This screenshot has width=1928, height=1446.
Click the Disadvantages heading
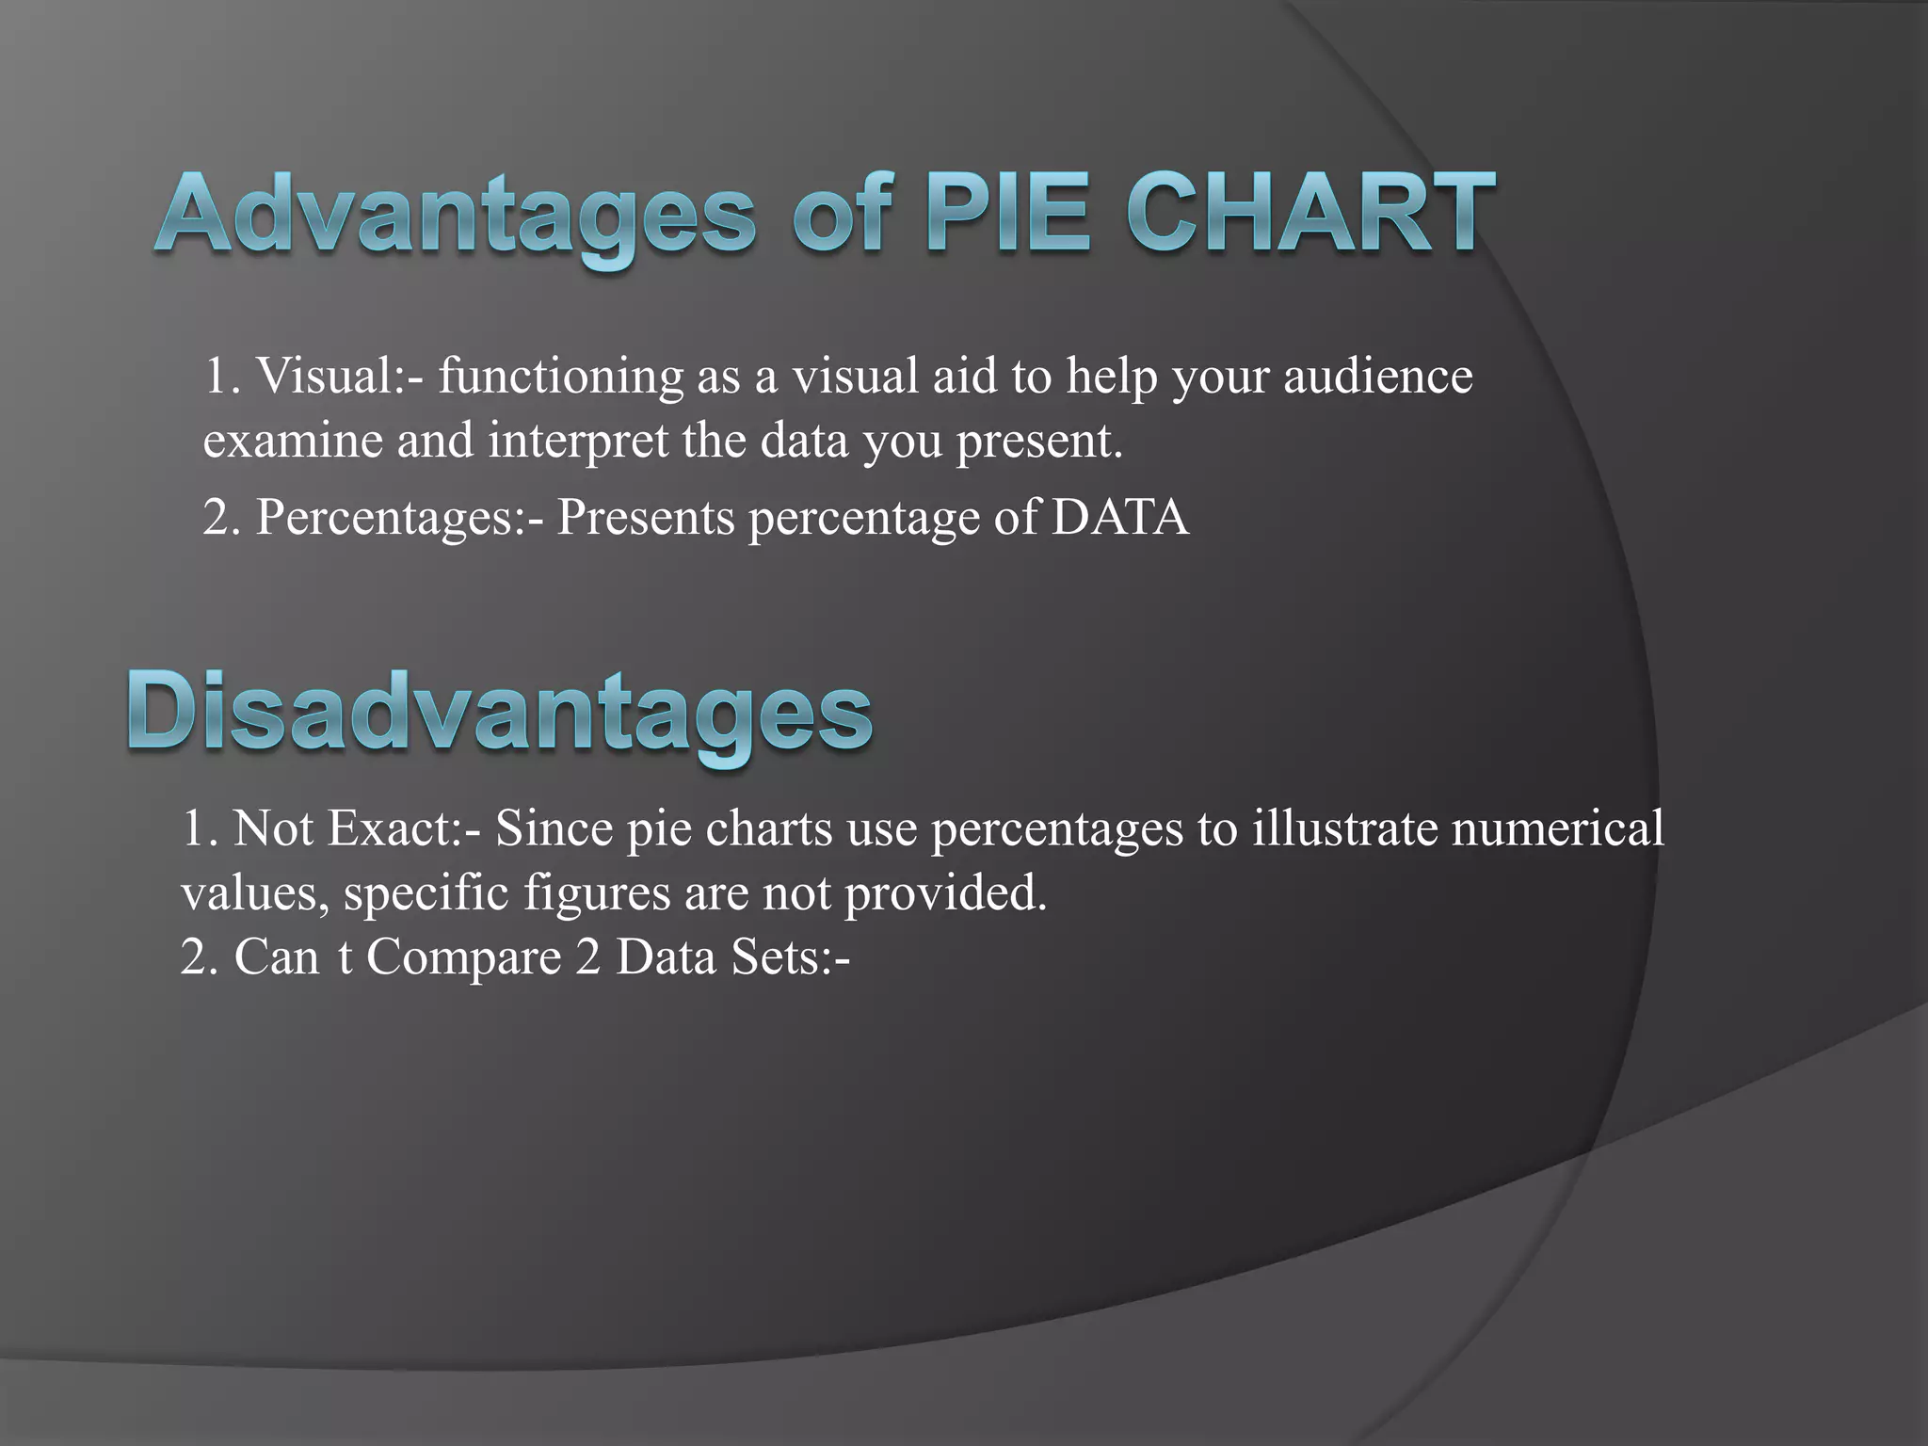coord(500,714)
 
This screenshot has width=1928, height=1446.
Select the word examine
coord(293,441)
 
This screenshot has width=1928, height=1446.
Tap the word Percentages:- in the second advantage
coord(399,517)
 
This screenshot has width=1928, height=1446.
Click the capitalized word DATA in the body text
coord(1120,517)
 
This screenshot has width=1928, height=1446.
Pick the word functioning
coord(561,377)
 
